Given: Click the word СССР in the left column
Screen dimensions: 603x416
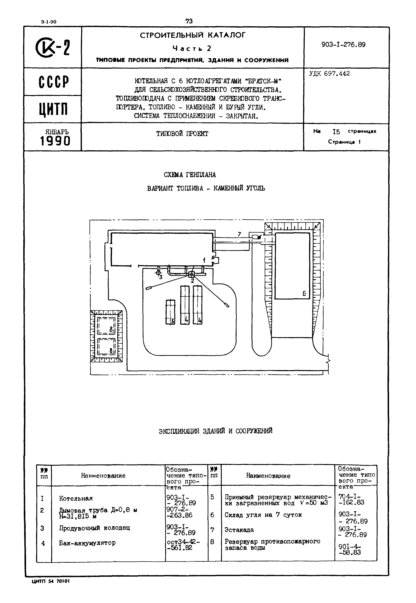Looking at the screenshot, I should coord(54,82).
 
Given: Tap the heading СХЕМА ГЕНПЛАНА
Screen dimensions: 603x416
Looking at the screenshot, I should coord(190,175).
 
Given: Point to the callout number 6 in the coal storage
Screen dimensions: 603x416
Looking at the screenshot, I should coord(304,293).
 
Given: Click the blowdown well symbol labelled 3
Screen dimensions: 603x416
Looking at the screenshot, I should coord(158,273).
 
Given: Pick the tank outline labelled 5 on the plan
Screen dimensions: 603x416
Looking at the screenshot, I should coord(170,312).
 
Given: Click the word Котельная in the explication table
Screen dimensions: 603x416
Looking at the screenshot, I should coord(76,498).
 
